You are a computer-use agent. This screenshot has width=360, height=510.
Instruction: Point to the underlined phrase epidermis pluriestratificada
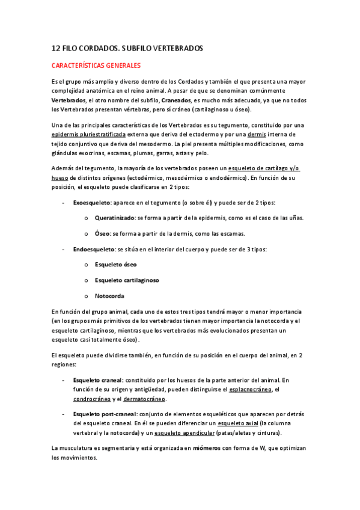(88, 135)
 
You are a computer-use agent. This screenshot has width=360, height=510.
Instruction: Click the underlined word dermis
(257, 135)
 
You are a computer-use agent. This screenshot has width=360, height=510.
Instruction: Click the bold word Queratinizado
(114, 217)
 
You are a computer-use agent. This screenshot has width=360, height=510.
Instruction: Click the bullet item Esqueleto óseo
(115, 264)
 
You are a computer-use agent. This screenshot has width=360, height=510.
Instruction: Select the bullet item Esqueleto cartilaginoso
(127, 280)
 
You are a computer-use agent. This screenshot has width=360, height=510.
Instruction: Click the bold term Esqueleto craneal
(97, 380)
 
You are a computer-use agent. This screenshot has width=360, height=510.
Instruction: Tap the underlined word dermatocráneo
(144, 399)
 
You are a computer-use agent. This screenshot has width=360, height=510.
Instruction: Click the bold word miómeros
(206, 448)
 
